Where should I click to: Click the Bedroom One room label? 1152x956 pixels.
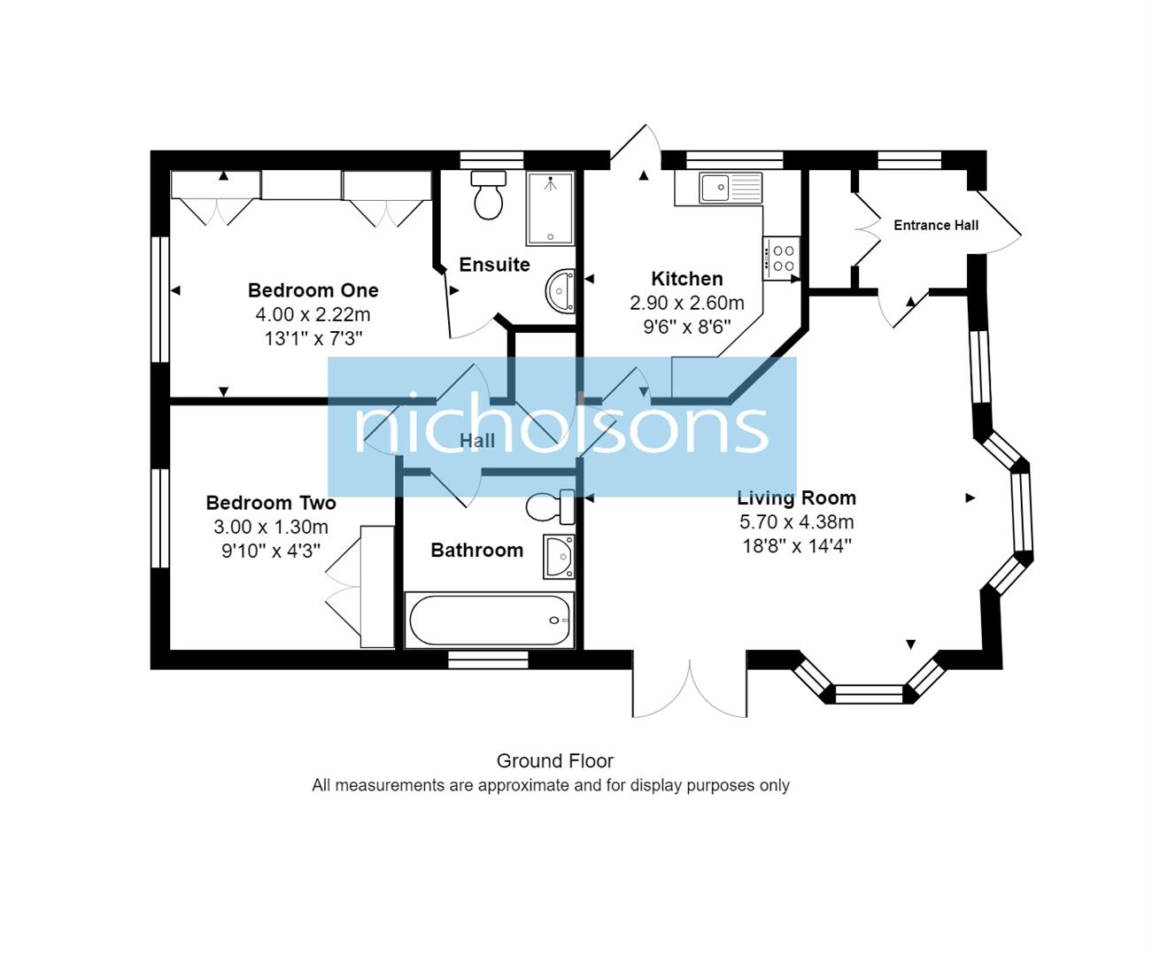pos(313,290)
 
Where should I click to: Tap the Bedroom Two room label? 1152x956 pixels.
pos(271,503)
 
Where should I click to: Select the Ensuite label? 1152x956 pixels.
pos(494,265)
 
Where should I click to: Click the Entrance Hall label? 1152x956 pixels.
pos(935,226)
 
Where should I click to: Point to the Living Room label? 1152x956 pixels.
pos(796,497)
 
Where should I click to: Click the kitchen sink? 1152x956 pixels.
pos(730,188)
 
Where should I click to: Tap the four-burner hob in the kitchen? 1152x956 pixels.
pos(783,258)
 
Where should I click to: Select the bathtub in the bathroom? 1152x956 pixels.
pos(490,620)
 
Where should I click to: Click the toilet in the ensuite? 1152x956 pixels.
pos(488,195)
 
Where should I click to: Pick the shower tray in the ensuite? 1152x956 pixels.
pos(550,209)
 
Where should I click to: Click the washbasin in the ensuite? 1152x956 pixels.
pos(561,290)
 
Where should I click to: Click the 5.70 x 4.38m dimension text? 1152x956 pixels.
pos(796,522)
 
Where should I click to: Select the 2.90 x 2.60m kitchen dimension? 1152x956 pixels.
pos(686,303)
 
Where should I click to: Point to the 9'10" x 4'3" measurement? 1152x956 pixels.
pos(271,551)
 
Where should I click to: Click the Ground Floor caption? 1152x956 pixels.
pos(554,761)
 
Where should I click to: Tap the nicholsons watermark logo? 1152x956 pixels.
pos(561,427)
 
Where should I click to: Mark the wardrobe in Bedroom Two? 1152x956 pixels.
pos(377,586)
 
